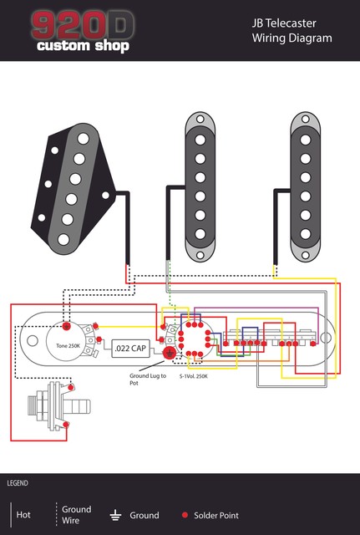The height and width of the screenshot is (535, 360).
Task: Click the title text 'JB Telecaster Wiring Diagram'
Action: pyautogui.click(x=291, y=31)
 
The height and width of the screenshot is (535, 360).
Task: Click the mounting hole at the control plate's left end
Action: pyautogui.click(x=31, y=340)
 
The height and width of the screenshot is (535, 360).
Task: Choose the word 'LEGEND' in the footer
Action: pyautogui.click(x=18, y=484)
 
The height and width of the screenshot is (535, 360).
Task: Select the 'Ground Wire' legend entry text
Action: pyautogui.click(x=76, y=515)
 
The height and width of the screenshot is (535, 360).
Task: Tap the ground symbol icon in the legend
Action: pyautogui.click(x=117, y=516)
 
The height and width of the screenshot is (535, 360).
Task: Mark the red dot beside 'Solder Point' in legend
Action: pyautogui.click(x=184, y=516)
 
